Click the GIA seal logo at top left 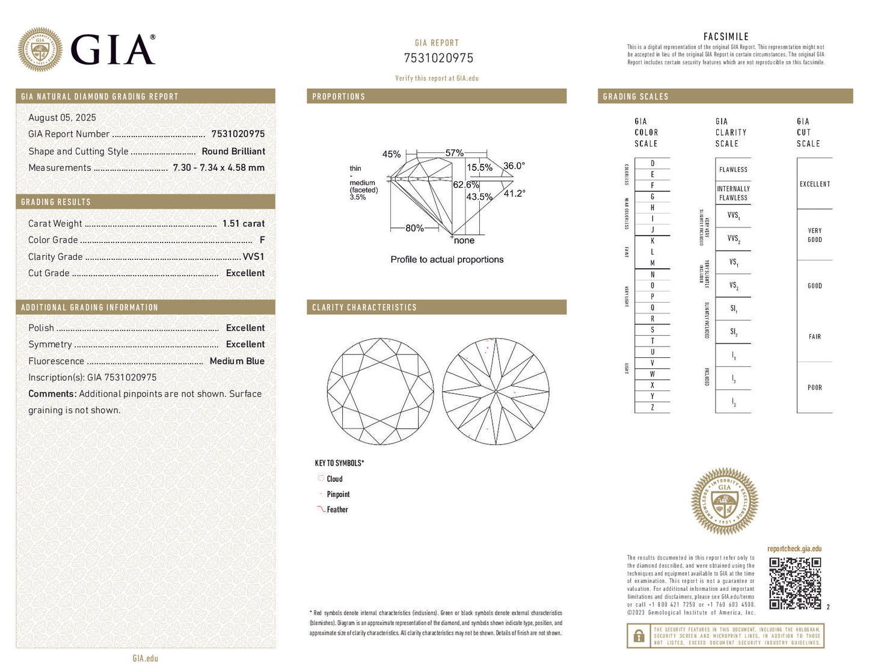pyautogui.click(x=40, y=49)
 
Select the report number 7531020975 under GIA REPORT pyautogui.click(x=438, y=58)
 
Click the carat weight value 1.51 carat pyautogui.click(x=243, y=223)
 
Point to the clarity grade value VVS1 pyautogui.click(x=253, y=256)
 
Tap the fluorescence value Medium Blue pyautogui.click(x=237, y=361)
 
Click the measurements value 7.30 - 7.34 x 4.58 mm pyautogui.click(x=218, y=168)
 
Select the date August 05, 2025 pyautogui.click(x=62, y=118)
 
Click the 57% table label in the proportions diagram pyautogui.click(x=454, y=153)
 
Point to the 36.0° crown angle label pyautogui.click(x=514, y=166)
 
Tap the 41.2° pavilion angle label pyautogui.click(x=514, y=193)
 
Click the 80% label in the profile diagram pyautogui.click(x=414, y=228)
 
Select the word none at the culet pyautogui.click(x=464, y=241)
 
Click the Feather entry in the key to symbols pyautogui.click(x=337, y=510)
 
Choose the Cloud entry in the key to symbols pyautogui.click(x=334, y=479)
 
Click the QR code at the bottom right pyautogui.click(x=795, y=583)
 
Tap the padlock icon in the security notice pyautogui.click(x=639, y=636)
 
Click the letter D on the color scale pyautogui.click(x=653, y=164)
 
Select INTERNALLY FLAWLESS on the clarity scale pyautogui.click(x=733, y=193)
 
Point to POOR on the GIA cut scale pyautogui.click(x=814, y=387)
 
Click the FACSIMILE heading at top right pyautogui.click(x=726, y=37)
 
